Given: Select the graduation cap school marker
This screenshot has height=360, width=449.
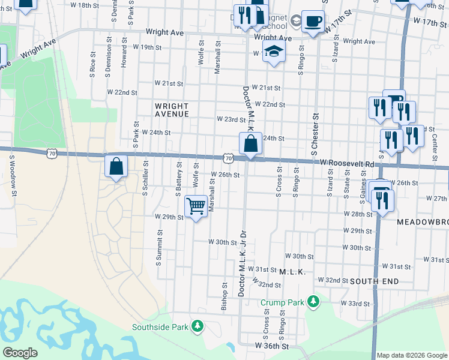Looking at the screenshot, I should click(274, 52).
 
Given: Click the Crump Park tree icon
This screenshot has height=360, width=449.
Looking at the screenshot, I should click(313, 301).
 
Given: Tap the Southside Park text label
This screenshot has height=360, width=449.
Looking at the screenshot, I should click(160, 327).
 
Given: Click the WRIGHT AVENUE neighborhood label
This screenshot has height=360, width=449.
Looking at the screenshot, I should click(172, 109).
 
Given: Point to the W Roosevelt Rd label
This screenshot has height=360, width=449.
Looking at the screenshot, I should click(346, 163).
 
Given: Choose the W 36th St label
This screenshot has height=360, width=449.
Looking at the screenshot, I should click(272, 346).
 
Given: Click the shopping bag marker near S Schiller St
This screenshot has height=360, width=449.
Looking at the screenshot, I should click(116, 166).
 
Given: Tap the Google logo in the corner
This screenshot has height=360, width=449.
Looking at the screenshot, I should click(20, 353).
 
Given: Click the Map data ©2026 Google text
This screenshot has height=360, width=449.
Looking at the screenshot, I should click(411, 355).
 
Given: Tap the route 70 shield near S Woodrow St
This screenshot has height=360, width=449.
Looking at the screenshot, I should click(52, 154).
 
